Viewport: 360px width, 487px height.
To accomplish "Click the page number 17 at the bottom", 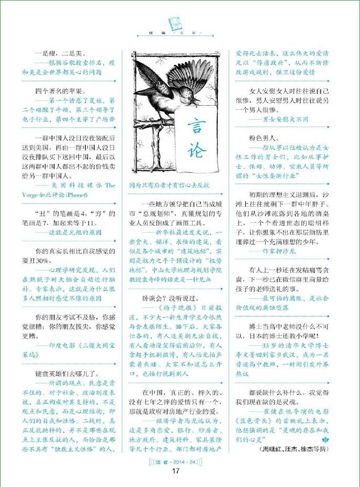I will click(x=176, y=470).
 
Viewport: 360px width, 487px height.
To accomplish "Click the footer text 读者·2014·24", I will click(x=176, y=461).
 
